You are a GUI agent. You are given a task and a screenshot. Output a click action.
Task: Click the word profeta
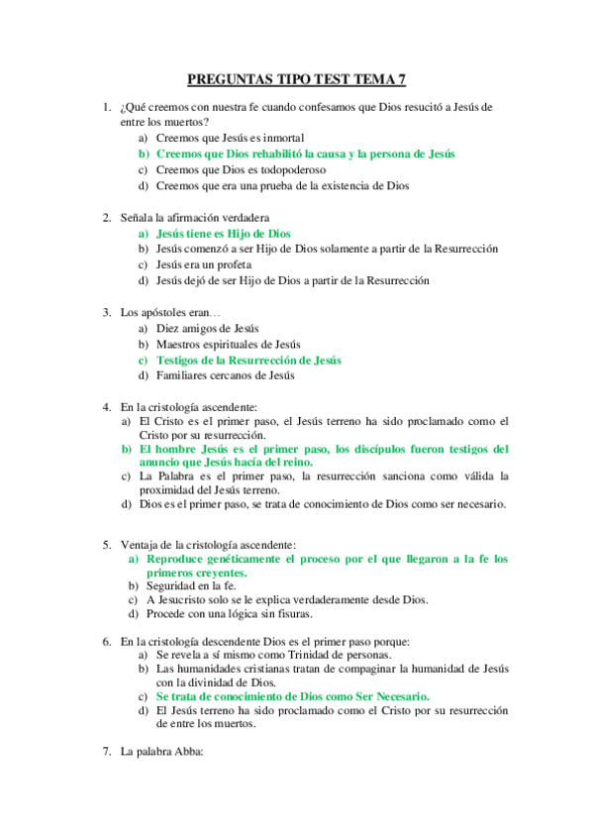click(x=229, y=264)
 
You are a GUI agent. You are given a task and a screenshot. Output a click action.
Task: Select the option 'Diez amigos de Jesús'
click(x=207, y=328)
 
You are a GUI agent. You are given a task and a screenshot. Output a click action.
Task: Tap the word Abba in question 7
click(x=186, y=752)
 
